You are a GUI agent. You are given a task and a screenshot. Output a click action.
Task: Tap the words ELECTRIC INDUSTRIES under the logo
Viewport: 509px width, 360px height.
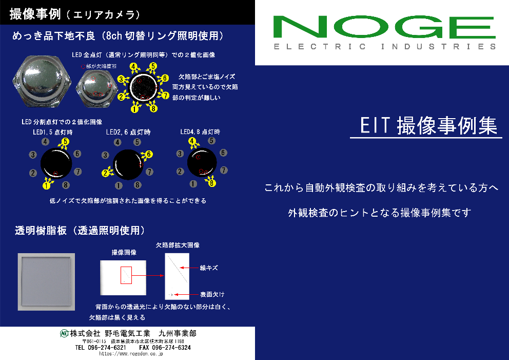(x=385, y=47)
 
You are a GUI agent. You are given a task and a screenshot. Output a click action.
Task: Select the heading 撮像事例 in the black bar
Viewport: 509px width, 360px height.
(x=35, y=14)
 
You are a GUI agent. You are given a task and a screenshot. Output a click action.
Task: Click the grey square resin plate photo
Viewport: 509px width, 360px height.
(x=46, y=281)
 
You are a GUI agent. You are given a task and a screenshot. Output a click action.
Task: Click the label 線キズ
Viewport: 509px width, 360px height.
(x=209, y=268)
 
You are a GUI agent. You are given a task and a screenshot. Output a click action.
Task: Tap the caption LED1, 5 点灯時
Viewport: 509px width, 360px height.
(x=53, y=132)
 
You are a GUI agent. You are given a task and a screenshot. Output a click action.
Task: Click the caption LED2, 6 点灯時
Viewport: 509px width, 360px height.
(x=128, y=132)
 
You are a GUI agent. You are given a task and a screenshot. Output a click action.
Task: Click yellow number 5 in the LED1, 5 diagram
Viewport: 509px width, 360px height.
(x=65, y=142)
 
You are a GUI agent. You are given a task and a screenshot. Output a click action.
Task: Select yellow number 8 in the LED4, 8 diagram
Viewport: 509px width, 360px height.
(x=212, y=182)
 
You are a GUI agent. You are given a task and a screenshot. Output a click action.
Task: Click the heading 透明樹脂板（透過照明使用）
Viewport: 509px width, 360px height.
(x=79, y=231)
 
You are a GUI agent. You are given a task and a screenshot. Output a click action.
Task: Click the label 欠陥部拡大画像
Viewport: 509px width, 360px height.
(x=178, y=245)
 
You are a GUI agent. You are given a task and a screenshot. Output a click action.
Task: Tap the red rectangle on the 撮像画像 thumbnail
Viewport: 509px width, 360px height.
(x=126, y=275)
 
